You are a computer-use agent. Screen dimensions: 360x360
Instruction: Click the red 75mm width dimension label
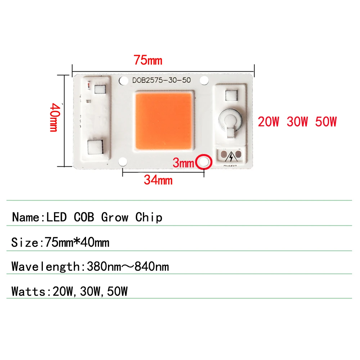(x=148, y=60)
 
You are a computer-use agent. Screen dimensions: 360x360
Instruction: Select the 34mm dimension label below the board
(x=158, y=179)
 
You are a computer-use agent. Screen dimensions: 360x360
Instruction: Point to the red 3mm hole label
(x=183, y=163)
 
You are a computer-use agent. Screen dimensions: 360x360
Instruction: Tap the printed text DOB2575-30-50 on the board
(x=161, y=81)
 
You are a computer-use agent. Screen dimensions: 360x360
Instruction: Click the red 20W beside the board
(x=269, y=122)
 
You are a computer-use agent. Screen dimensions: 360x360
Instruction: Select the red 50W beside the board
(x=326, y=122)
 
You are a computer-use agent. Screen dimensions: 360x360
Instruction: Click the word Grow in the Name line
(x=114, y=217)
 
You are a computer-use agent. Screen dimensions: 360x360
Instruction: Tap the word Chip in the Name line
(x=149, y=217)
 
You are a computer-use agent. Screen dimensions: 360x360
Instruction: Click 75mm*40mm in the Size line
(x=77, y=242)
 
